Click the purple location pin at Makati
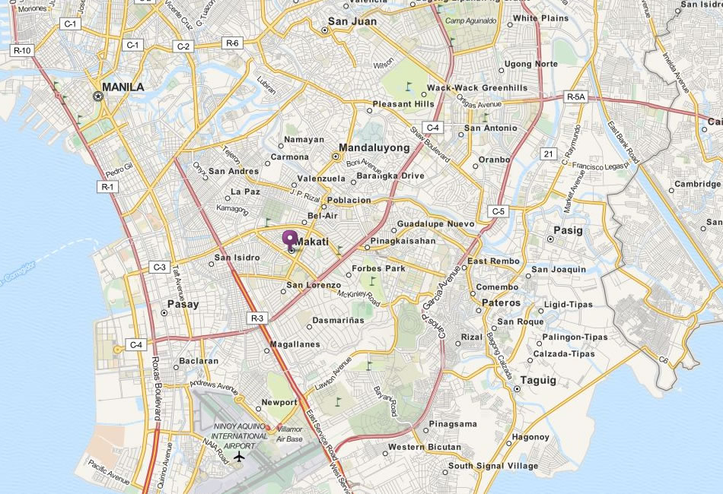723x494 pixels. pos(290,239)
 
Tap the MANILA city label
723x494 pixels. pos(123,87)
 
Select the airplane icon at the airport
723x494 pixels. pos(240,457)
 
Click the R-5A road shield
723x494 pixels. pos(576,97)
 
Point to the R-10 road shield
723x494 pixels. pos(23,50)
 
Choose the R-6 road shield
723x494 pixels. pos(233,43)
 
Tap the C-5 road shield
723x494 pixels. pos(498,211)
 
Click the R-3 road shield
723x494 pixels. pos(256,318)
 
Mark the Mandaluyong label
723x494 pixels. pos(374,147)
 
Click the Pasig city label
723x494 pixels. pos(568,230)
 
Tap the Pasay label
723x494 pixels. pos(183,304)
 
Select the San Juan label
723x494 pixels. pos(352,22)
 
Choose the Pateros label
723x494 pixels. pos(502,302)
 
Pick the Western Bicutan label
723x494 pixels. pos(425,447)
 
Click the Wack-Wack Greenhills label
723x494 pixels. pos(477,88)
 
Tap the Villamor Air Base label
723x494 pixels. pos(289,434)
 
